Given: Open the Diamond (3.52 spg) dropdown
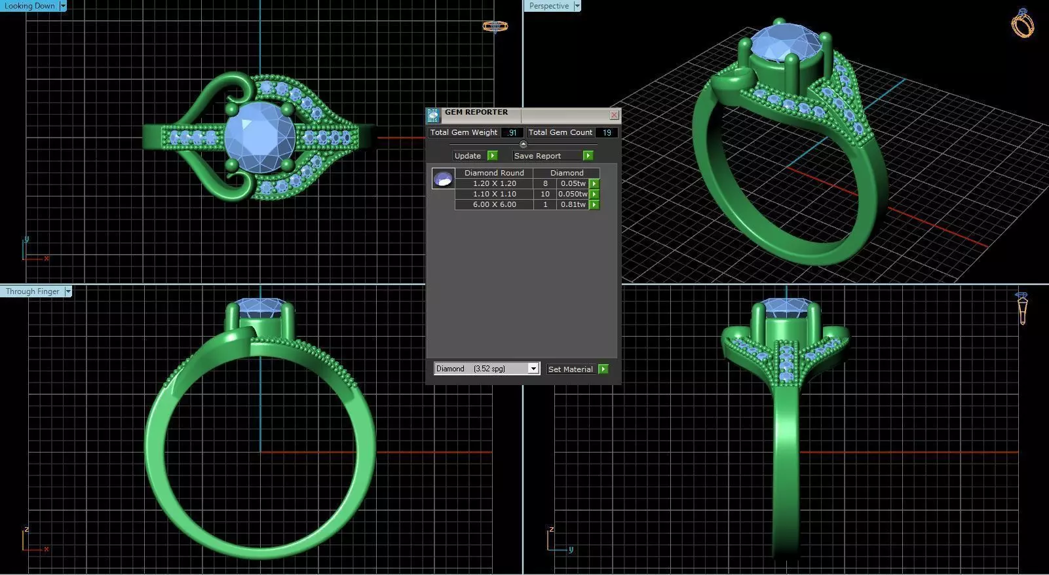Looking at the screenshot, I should coord(533,369).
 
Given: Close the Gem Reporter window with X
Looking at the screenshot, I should coord(614,115).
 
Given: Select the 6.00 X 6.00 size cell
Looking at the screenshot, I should coord(494,204).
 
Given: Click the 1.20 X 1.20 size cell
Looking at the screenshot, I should coord(494,183).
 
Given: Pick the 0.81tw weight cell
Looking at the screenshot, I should coord(573,204).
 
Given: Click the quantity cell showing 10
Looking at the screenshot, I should coord(544,194).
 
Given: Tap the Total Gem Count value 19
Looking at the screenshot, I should coord(607,132).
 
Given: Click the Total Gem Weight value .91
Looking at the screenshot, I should coord(512,132).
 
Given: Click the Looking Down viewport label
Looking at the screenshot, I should coord(29,6).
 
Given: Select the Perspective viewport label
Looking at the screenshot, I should coord(548,6).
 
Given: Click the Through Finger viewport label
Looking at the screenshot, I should coord(32,291).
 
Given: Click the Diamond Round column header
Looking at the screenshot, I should coord(494,173).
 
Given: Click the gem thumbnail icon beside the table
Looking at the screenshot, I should coord(443,178).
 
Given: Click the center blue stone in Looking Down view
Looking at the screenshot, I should coord(259,137).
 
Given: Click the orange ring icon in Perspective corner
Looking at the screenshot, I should coord(1022,24).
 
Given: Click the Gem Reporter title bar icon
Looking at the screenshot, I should coord(433,116).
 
